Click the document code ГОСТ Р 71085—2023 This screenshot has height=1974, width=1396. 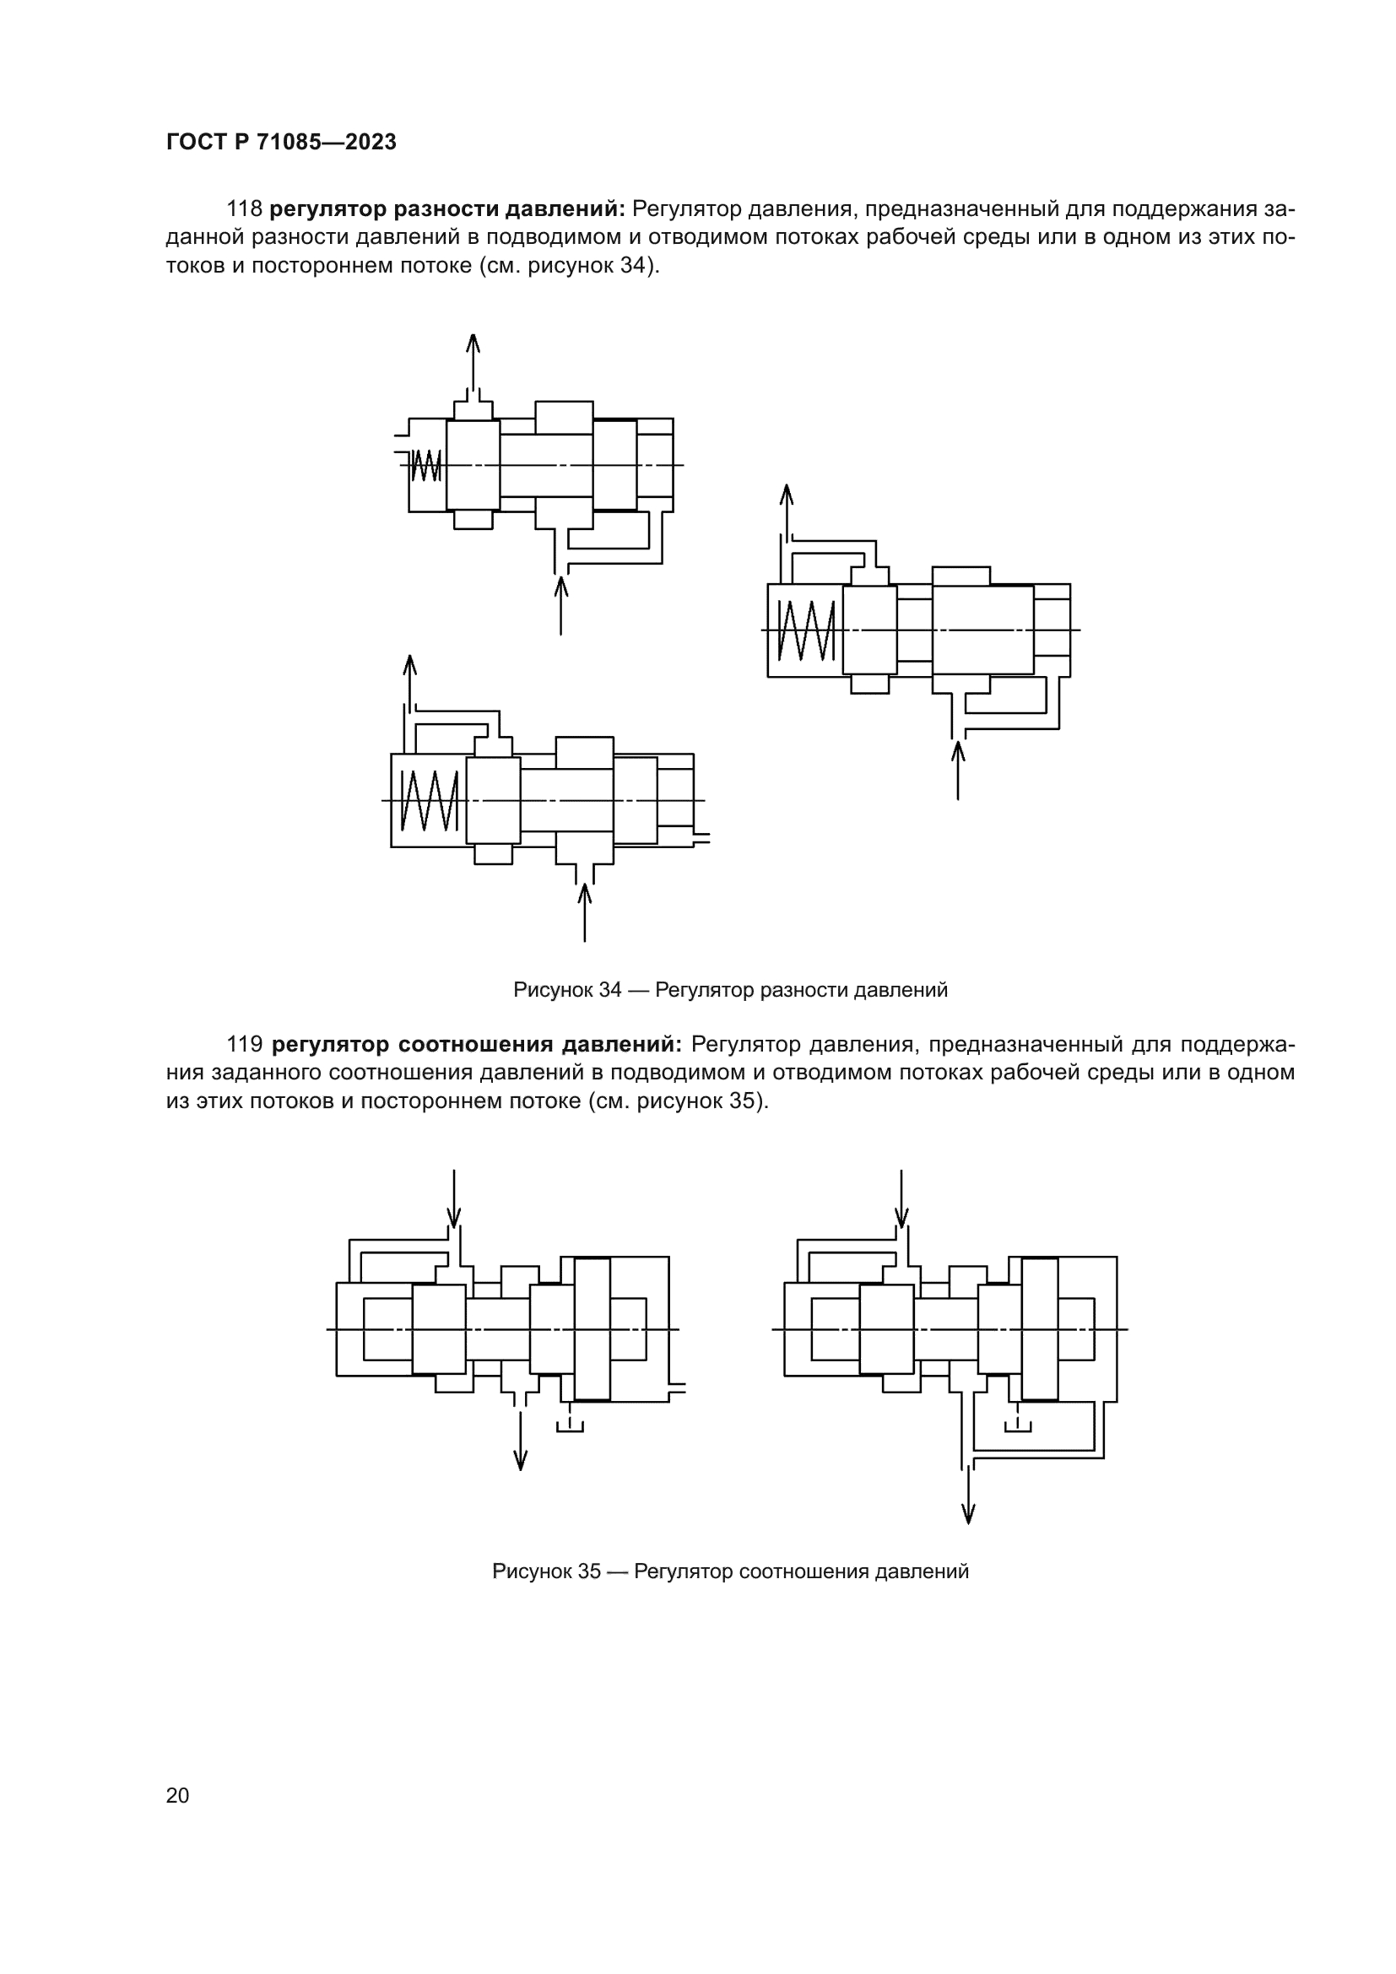(281, 142)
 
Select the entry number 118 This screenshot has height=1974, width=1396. (244, 209)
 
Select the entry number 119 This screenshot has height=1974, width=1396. (244, 1045)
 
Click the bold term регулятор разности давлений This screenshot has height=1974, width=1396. (447, 209)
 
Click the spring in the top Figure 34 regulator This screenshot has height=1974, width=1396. (425, 465)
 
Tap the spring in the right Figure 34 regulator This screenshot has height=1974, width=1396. (805, 630)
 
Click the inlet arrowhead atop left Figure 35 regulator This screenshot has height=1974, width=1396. (454, 1219)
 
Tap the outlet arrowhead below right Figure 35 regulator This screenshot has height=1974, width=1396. (968, 1513)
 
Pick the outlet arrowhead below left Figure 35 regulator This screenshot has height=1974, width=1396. (520, 1458)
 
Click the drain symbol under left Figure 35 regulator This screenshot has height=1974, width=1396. (570, 1425)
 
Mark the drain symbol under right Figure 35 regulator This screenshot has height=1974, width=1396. (1018, 1425)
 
